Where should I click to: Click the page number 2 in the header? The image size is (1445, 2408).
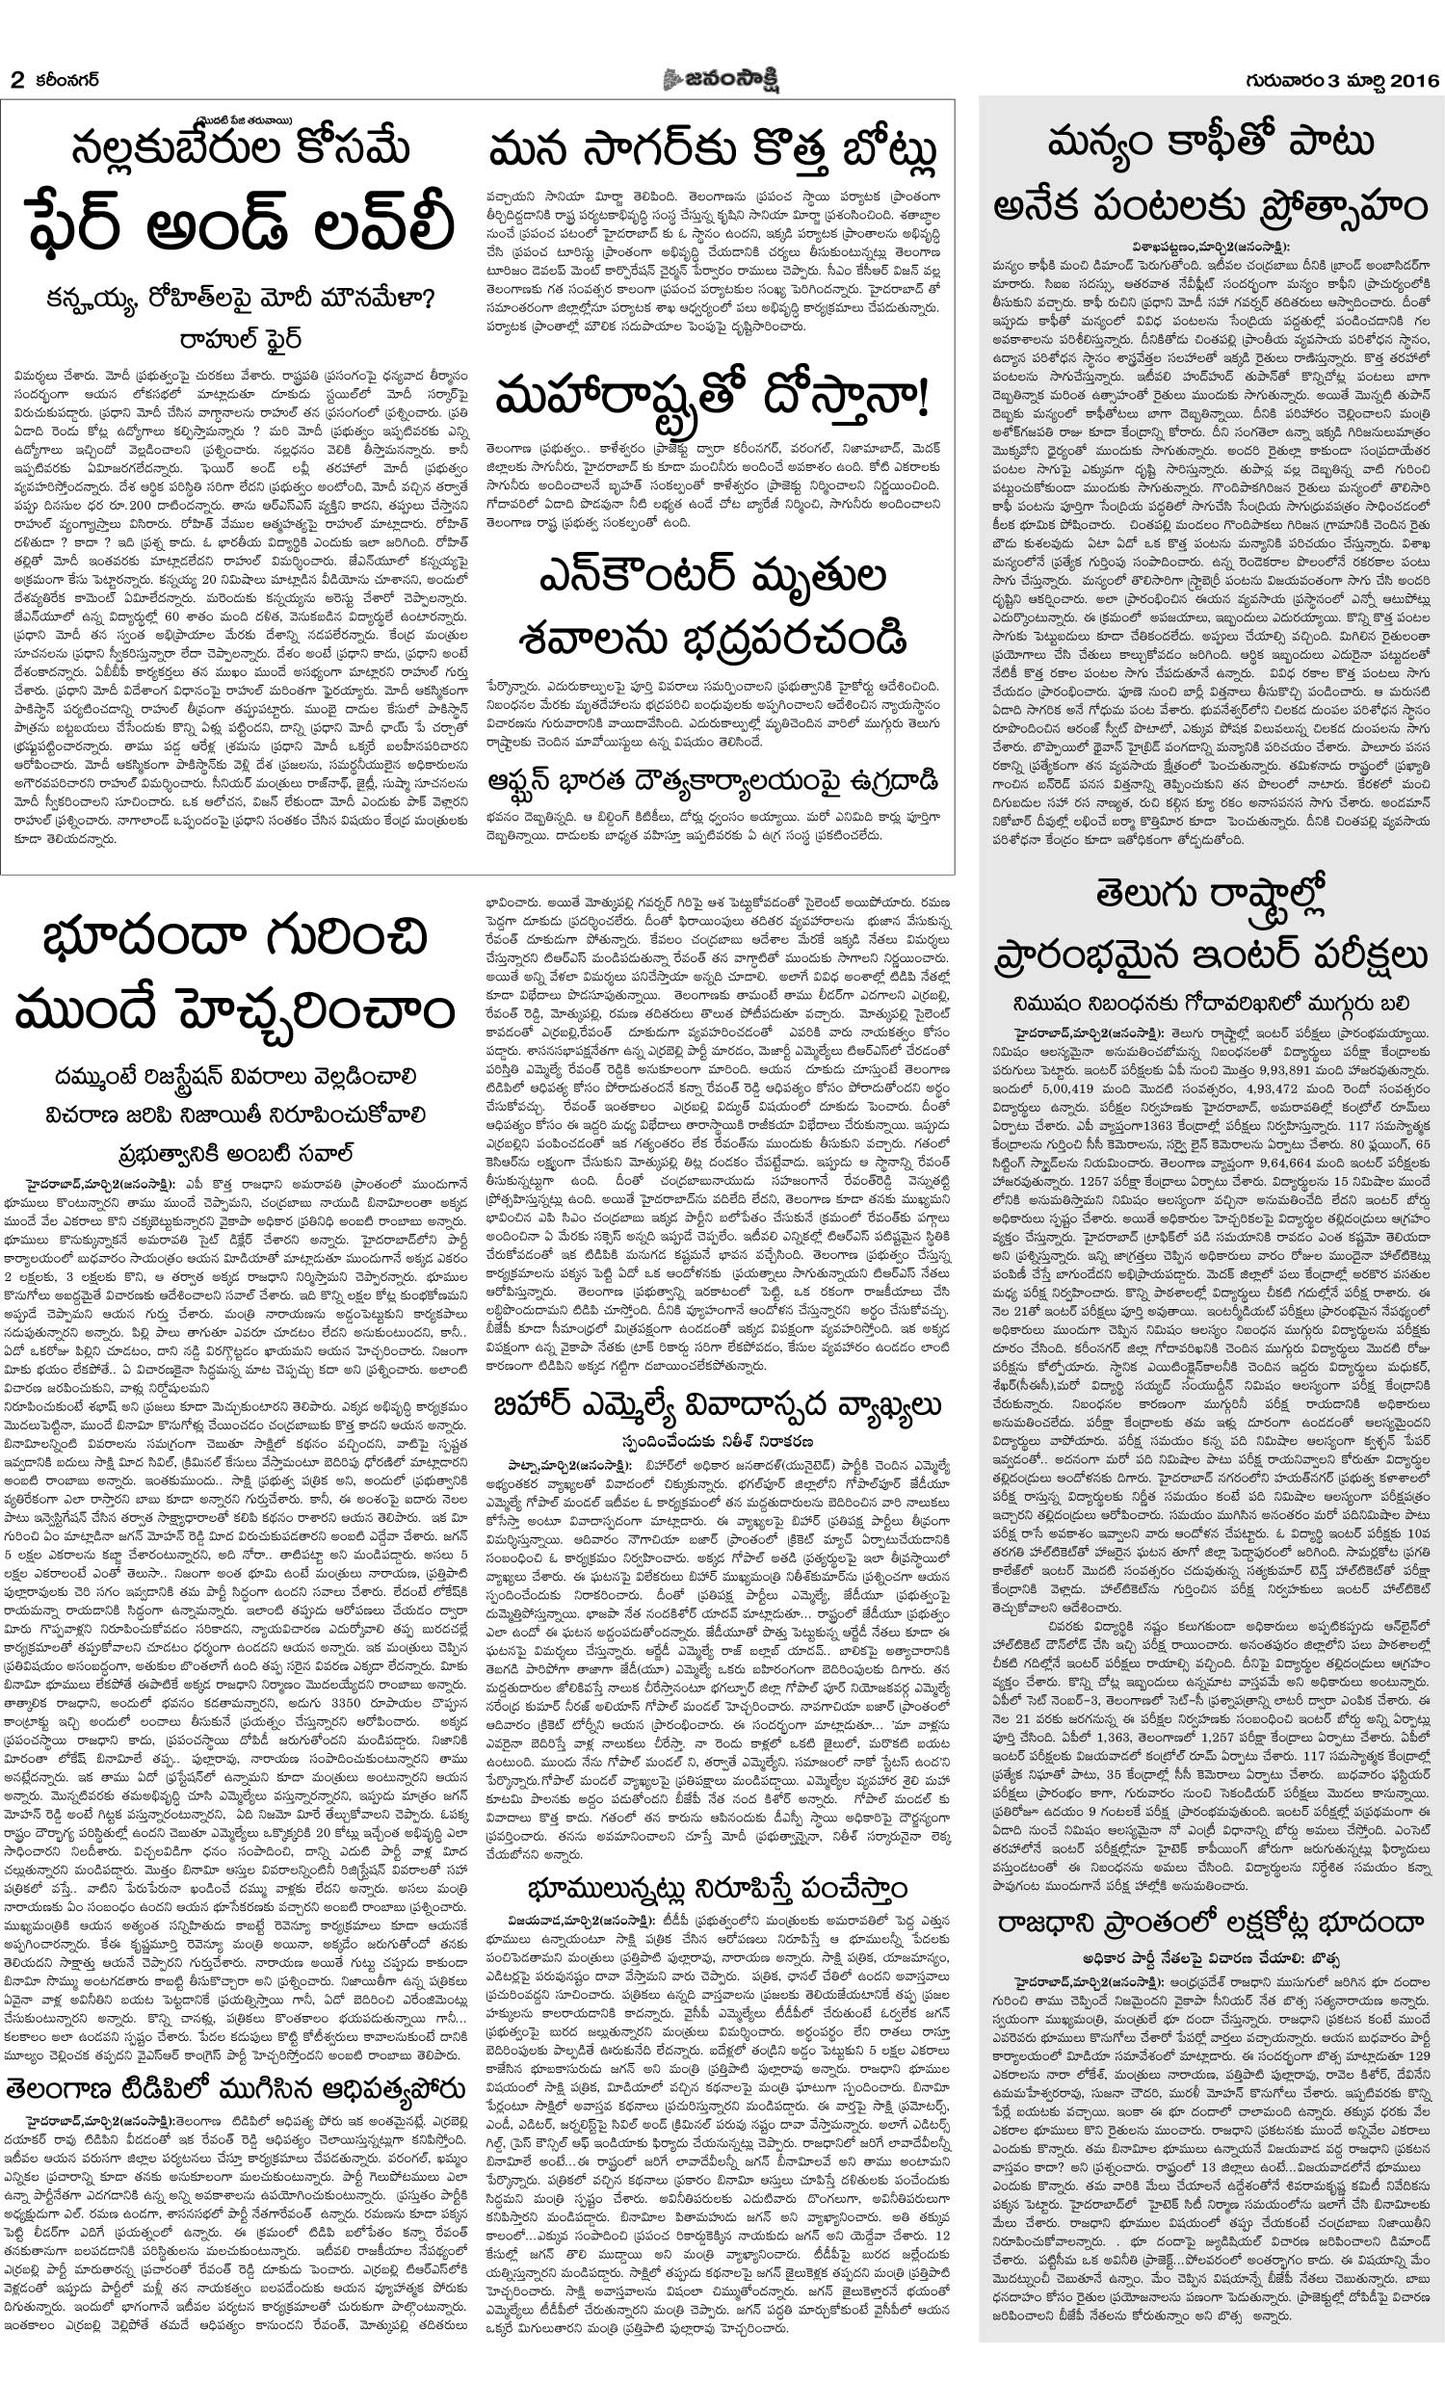point(15,80)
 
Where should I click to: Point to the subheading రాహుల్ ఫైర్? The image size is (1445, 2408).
point(240,340)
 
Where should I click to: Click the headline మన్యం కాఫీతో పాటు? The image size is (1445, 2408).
point(1211,144)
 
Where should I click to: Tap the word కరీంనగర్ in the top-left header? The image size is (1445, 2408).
point(66,80)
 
